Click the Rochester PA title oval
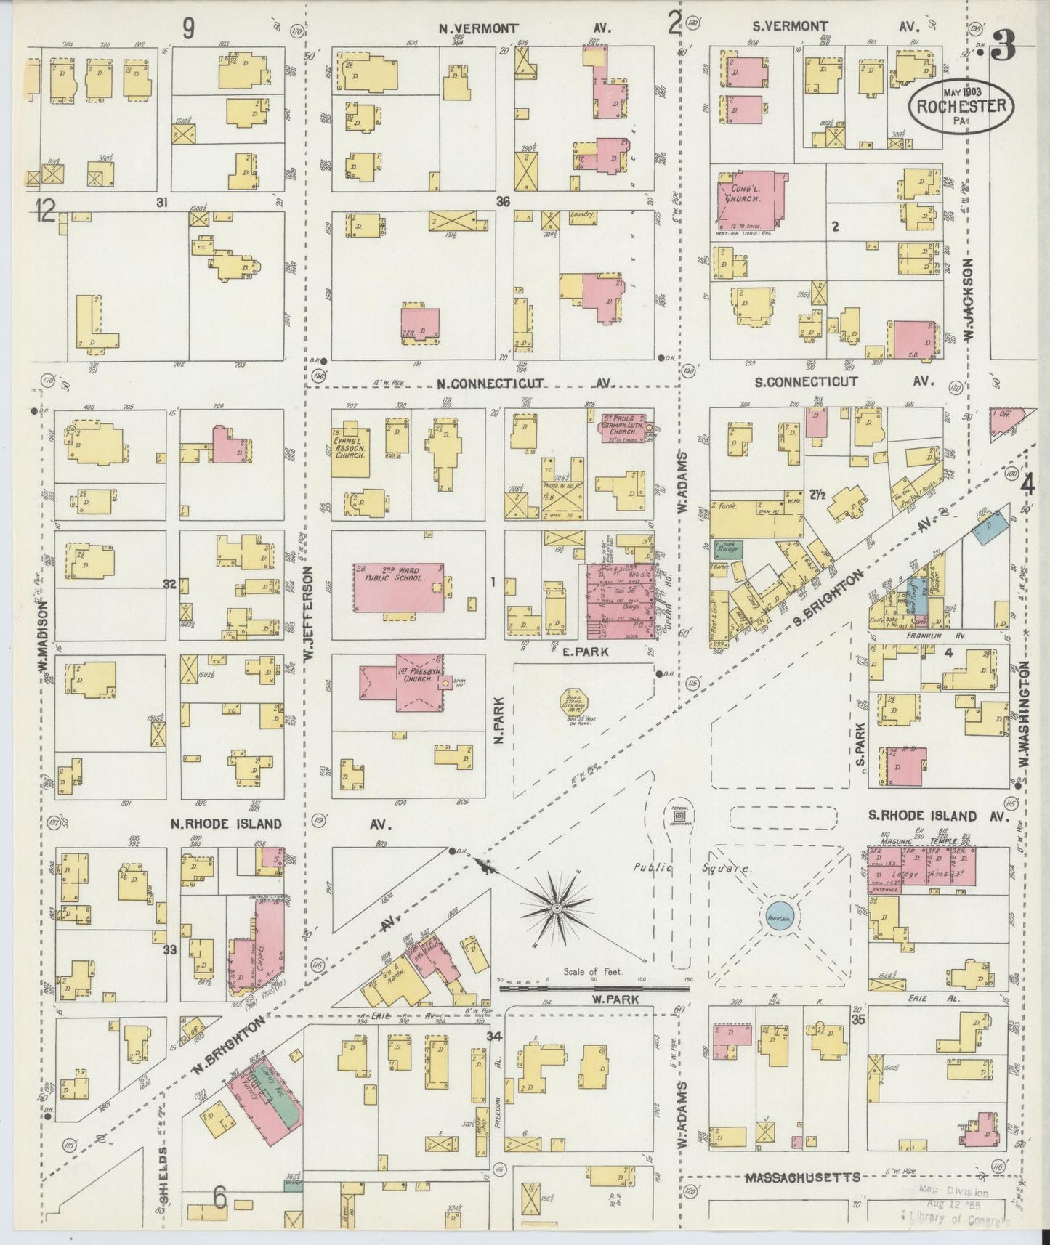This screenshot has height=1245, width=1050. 961,106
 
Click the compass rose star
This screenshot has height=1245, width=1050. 557,908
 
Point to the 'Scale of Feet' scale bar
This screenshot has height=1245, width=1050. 594,988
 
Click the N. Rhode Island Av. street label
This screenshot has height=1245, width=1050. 226,824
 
